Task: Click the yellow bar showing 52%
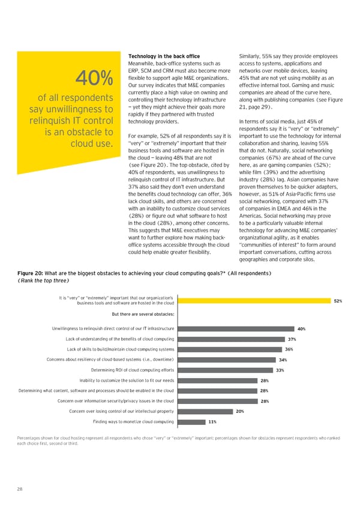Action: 253,301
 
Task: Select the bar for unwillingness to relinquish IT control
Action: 235,328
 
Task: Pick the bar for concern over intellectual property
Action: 203,411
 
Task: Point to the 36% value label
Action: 289,349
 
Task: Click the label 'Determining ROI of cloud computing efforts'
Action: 132,370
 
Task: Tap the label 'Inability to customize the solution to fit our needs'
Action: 127,381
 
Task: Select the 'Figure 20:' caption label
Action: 30,273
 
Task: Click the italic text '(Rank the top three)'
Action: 43,280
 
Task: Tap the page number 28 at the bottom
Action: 20,490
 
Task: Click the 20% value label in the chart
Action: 240,411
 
